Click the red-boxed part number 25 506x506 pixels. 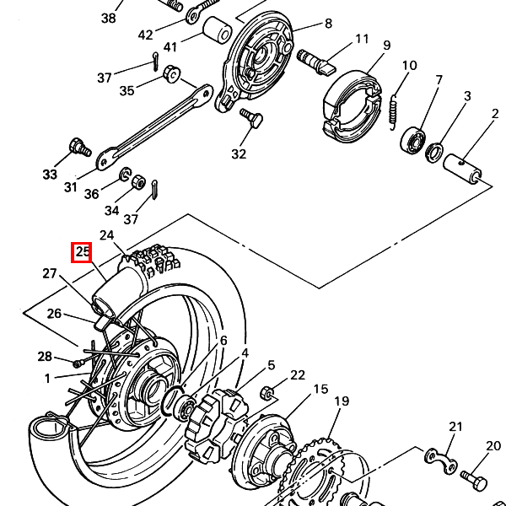(x=82, y=252)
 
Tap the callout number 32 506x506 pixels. (x=239, y=154)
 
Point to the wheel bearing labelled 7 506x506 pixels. (x=412, y=141)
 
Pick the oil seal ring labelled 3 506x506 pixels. (x=434, y=153)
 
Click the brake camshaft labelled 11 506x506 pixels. (x=316, y=62)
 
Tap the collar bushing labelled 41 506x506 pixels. (x=218, y=30)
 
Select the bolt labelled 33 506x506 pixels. (x=80, y=148)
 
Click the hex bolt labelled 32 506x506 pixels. (x=251, y=118)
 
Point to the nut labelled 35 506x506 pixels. (x=172, y=74)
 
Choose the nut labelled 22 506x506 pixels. (x=266, y=392)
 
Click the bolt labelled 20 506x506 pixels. (x=474, y=481)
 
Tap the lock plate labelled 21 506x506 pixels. (x=441, y=460)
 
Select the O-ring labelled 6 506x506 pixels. (x=173, y=401)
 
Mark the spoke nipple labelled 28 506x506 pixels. (x=78, y=363)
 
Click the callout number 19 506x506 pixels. (x=342, y=401)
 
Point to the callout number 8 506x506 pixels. (x=328, y=24)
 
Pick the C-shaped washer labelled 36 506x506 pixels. (x=125, y=175)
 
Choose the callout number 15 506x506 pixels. (x=321, y=389)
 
